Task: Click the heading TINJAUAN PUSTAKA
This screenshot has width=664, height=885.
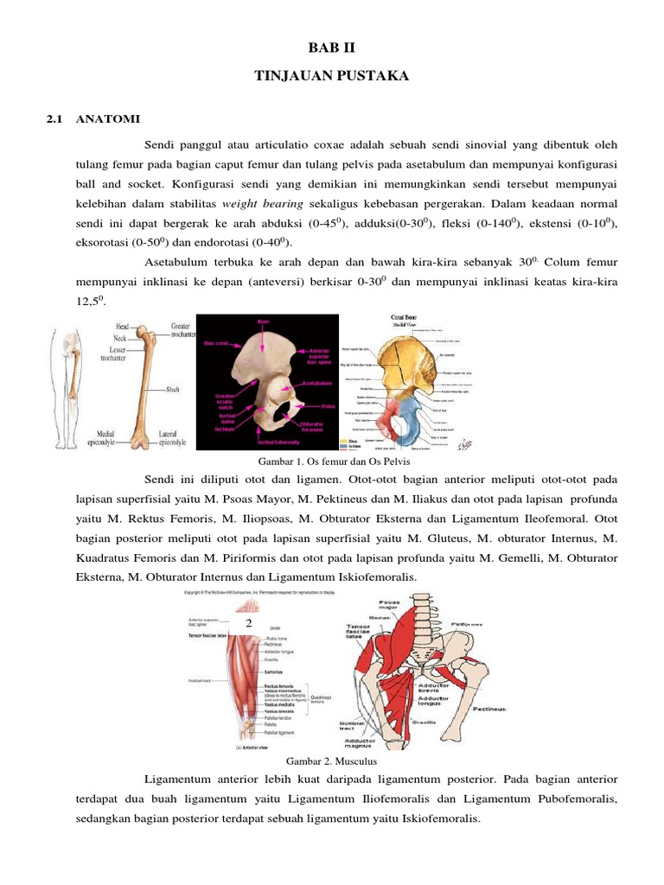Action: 331,77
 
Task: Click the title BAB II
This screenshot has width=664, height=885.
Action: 331,48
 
